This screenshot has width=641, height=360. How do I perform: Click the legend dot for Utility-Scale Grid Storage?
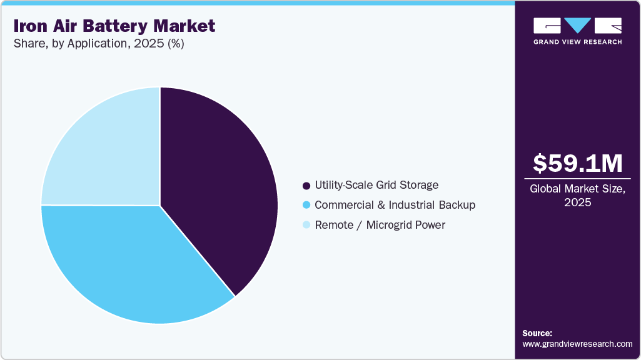[306, 186]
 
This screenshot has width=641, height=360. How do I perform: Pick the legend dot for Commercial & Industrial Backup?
[306, 205]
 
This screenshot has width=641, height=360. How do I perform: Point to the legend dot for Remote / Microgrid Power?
[306, 225]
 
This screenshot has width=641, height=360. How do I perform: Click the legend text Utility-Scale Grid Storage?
[376, 185]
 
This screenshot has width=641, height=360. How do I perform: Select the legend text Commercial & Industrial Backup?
[395, 205]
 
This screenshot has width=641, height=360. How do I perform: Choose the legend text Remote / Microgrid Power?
[380, 225]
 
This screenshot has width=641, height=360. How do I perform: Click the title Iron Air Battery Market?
[114, 26]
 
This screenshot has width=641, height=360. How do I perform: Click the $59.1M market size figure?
[577, 163]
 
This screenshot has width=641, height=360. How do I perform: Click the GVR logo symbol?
[577, 26]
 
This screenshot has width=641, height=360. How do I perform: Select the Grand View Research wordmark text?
[577, 42]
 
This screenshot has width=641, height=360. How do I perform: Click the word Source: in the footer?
[537, 333]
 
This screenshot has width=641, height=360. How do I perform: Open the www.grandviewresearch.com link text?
[577, 344]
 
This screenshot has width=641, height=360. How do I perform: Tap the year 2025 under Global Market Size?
[577, 202]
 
